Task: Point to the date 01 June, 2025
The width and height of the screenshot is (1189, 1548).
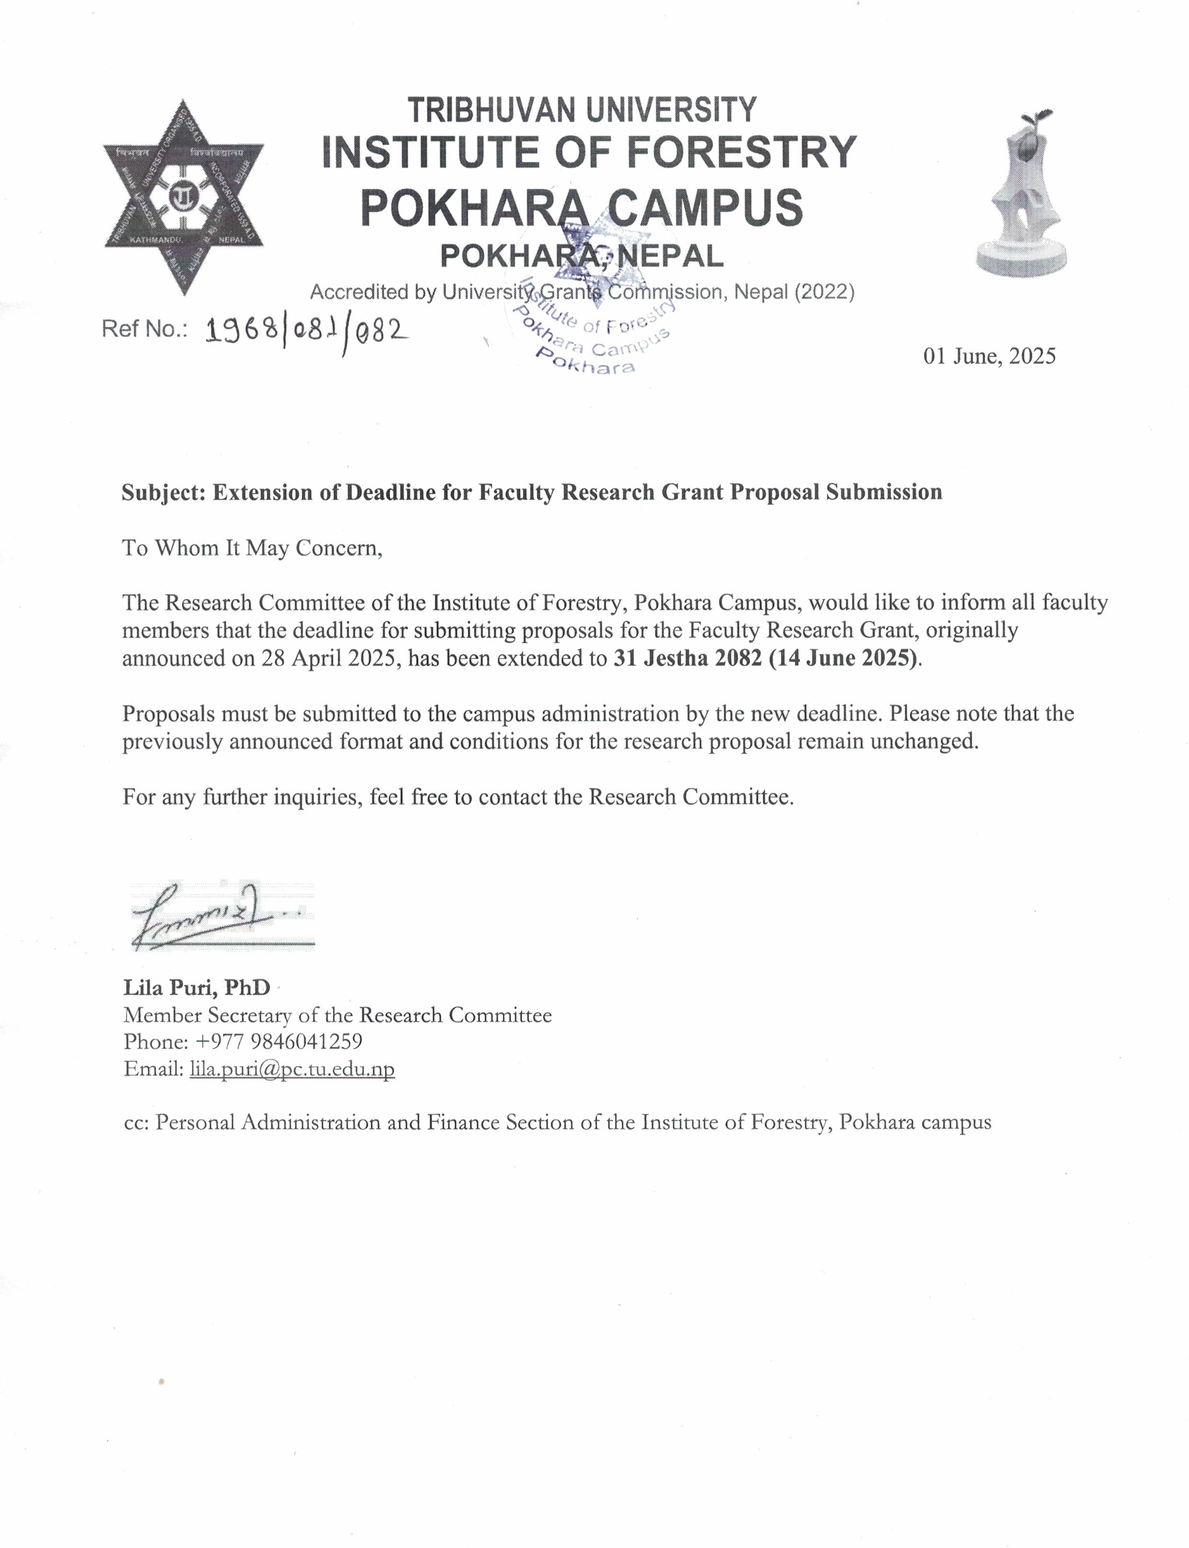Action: point(989,356)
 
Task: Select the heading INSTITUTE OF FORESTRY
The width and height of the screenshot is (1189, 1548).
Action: point(589,152)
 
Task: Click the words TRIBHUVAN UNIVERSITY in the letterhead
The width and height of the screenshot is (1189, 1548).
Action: point(582,110)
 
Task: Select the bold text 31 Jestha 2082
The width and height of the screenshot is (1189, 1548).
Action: point(687,658)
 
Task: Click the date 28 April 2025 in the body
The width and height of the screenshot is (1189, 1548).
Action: point(328,658)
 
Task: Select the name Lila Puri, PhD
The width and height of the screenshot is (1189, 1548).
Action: point(197,987)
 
